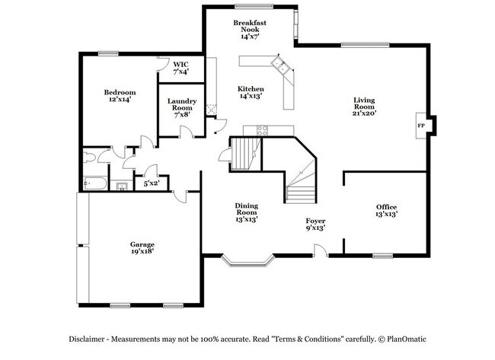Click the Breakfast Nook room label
[x=250, y=30]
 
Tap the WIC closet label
[x=180, y=68]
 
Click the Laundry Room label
[x=182, y=106]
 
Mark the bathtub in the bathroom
[x=96, y=183]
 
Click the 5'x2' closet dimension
[x=152, y=182]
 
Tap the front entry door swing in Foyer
[x=321, y=249]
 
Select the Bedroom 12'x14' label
[x=120, y=96]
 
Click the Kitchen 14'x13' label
[x=251, y=92]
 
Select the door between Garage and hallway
[x=181, y=196]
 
